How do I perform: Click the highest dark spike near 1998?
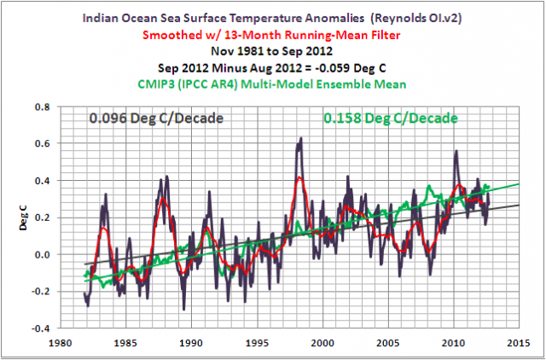pos(300,139)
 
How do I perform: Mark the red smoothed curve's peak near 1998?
pos(299,177)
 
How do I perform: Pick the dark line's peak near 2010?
pos(456,153)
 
